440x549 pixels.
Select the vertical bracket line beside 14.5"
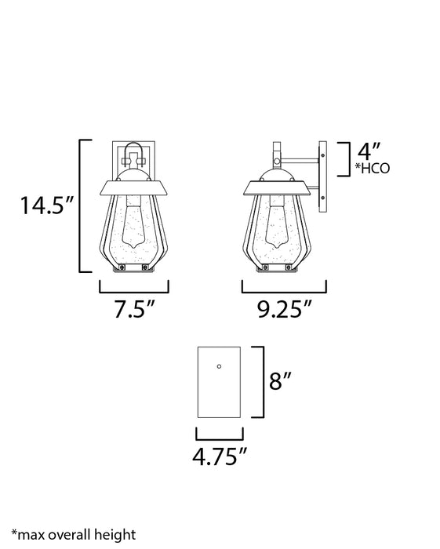[82, 206]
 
